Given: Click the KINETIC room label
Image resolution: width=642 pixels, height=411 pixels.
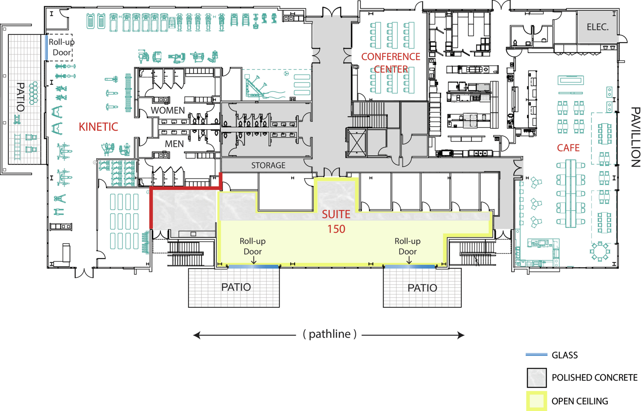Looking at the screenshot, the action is click(x=98, y=127).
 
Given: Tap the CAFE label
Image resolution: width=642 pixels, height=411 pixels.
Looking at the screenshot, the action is click(x=568, y=148).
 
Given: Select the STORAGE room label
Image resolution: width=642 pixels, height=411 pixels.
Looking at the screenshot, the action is click(x=268, y=166).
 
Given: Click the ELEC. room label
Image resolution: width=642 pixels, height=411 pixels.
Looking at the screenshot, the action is click(x=597, y=27).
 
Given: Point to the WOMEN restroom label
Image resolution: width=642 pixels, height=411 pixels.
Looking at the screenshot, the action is click(x=168, y=110).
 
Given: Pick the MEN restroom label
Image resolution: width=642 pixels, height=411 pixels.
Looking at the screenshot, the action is click(x=174, y=144).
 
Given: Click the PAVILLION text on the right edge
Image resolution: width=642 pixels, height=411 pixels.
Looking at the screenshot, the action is click(x=635, y=137).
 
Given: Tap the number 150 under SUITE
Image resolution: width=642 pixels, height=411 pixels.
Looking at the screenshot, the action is click(x=336, y=229).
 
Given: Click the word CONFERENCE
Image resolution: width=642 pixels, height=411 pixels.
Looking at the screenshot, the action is click(x=391, y=57).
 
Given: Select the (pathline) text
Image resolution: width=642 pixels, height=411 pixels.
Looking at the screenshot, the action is click(x=330, y=334).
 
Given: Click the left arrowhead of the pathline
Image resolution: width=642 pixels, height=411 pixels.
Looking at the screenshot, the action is click(x=197, y=335).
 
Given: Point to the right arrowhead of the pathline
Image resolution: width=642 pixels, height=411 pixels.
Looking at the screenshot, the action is click(x=461, y=335).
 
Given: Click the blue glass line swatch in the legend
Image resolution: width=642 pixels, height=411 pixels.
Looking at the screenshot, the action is click(x=536, y=355).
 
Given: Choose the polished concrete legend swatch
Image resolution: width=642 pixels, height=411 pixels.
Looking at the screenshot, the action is click(x=537, y=378).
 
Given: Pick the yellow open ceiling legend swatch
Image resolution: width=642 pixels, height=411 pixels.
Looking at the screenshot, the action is click(x=537, y=401).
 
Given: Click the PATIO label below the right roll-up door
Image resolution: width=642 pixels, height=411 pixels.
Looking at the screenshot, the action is click(x=422, y=288).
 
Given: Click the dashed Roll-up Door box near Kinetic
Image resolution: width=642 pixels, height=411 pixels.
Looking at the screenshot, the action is click(x=60, y=47).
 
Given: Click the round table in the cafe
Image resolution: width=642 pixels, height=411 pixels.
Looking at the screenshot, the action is click(x=600, y=252).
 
